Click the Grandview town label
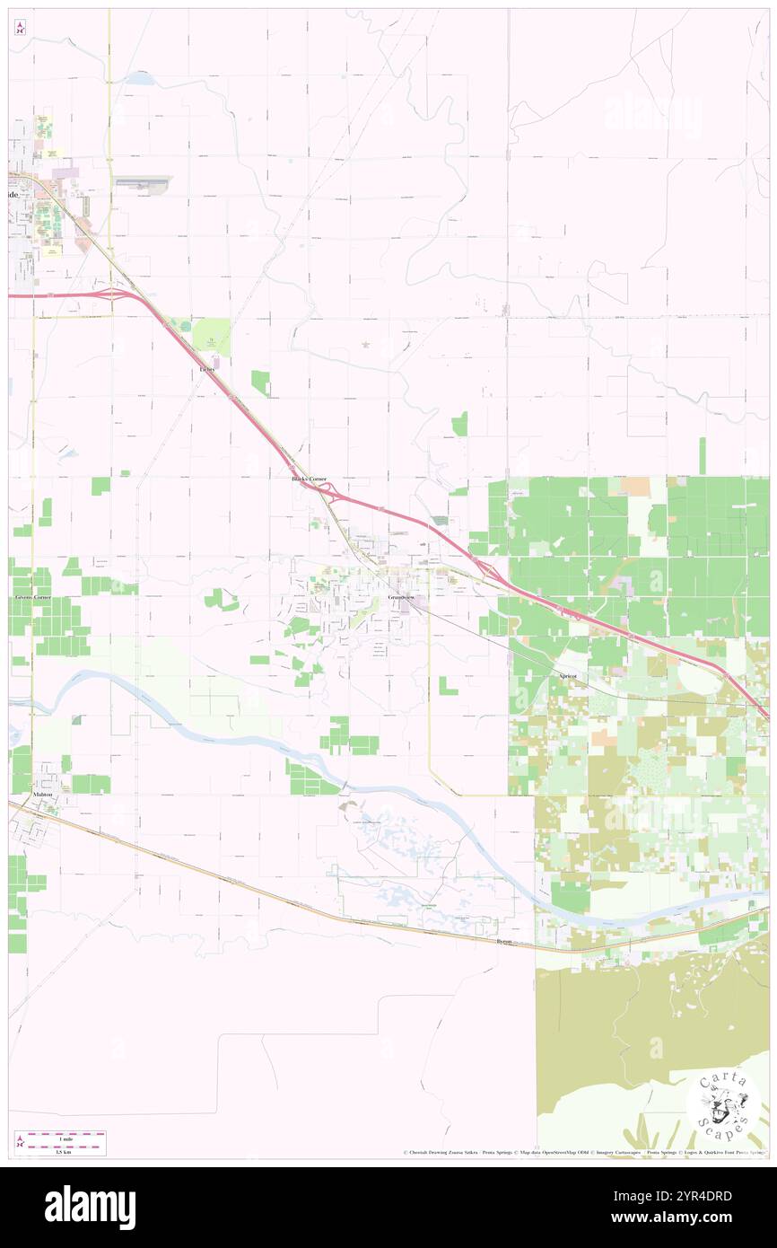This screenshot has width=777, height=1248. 402,597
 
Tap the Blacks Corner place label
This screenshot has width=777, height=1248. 315,479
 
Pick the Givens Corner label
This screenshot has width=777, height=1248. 33,597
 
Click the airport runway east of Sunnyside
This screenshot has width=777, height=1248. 142,180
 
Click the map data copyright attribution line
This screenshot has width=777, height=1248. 583,1152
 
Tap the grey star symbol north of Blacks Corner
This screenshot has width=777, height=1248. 364,344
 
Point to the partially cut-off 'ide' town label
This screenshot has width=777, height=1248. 13,194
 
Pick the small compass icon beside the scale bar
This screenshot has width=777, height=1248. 20,1142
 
